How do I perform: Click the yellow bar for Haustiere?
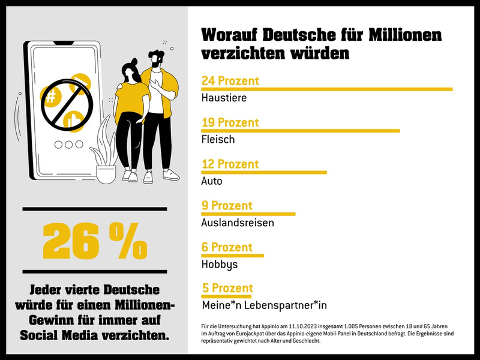pyautogui.click(x=327, y=89)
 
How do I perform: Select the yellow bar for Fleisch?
pyautogui.click(x=301, y=130)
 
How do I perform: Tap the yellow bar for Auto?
pyautogui.click(x=264, y=172)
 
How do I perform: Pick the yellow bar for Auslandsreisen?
pyautogui.click(x=248, y=214)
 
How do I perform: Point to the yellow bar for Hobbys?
pyautogui.click(x=233, y=255)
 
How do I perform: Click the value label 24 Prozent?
pyautogui.click(x=230, y=80)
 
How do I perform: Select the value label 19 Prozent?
pyautogui.click(x=230, y=122)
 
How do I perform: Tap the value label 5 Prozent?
pyautogui.click(x=227, y=288)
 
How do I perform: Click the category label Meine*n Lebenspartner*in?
pyautogui.click(x=264, y=305)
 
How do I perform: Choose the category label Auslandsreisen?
pyautogui.click(x=238, y=223)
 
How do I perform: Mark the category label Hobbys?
pyautogui.click(x=220, y=264)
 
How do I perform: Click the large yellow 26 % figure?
pyautogui.click(x=95, y=241)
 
